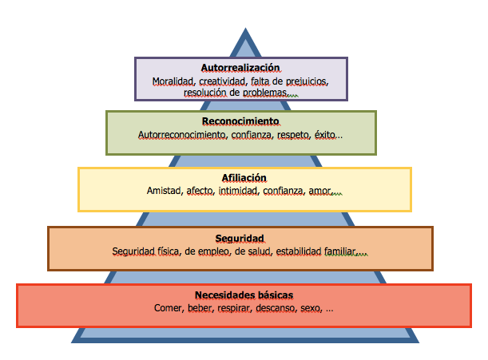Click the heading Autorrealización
click(x=240, y=69)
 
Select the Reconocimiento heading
click(x=240, y=121)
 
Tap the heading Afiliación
click(x=243, y=177)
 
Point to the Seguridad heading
click(x=240, y=238)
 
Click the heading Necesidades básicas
click(x=243, y=295)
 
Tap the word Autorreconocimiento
click(x=183, y=135)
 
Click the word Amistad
click(x=164, y=191)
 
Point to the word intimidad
click(x=237, y=191)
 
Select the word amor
click(x=319, y=191)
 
